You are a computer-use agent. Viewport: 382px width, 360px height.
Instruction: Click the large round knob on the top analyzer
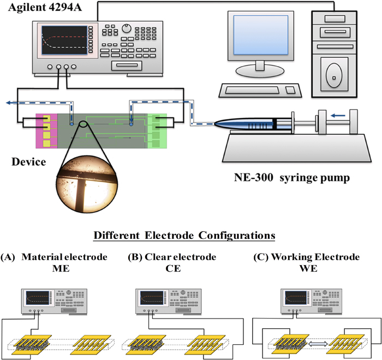(x=128, y=27)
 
